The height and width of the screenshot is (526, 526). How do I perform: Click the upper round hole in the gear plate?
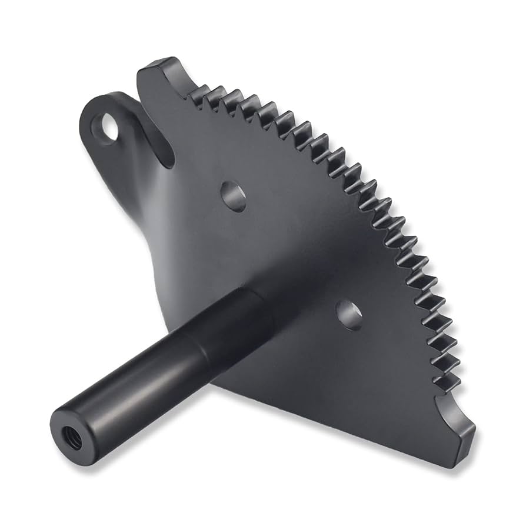click(x=233, y=195)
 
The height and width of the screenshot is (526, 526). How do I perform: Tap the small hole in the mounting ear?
click(x=109, y=126)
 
